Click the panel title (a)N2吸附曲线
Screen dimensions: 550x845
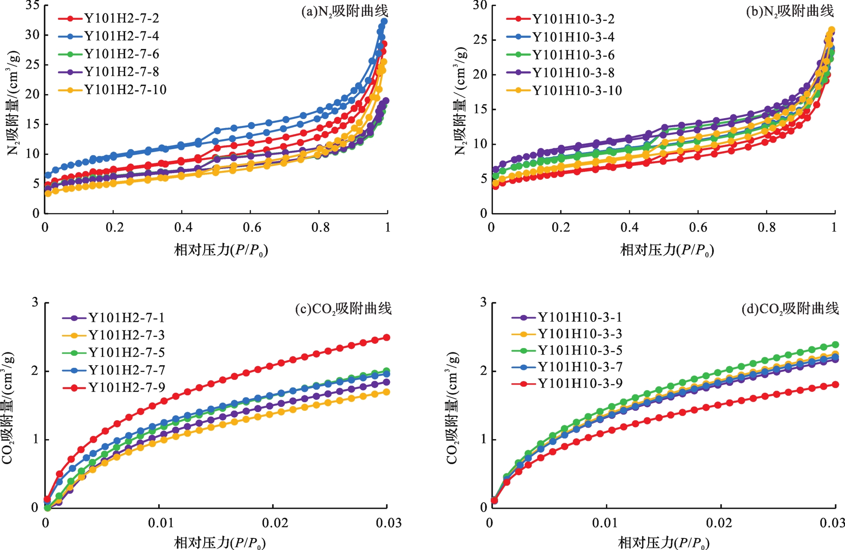point(344,11)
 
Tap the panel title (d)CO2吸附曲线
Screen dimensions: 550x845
point(790,309)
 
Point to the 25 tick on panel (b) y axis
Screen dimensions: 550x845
point(480,40)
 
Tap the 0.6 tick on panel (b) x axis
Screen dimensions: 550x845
point(698,227)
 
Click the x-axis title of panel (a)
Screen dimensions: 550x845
point(220,250)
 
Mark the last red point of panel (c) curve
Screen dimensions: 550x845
point(386,337)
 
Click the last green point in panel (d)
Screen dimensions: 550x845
point(835,345)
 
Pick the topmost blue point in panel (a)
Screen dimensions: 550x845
point(384,21)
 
